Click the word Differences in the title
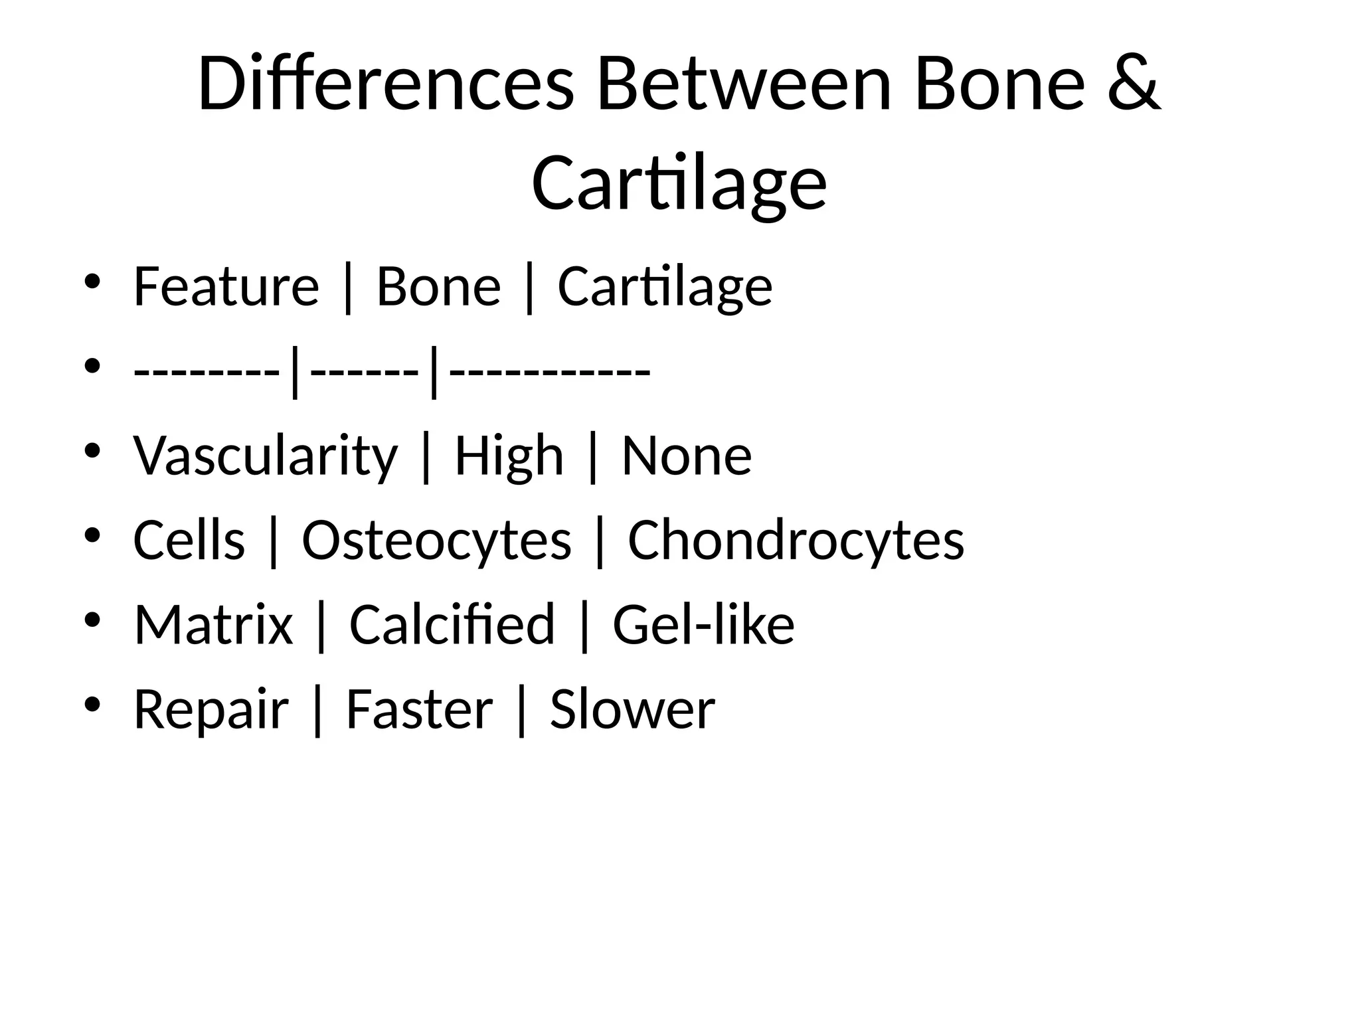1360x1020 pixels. [x=385, y=85]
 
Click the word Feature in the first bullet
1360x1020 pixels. [x=226, y=287]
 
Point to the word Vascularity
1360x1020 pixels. [x=266, y=457]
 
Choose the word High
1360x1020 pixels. [x=509, y=457]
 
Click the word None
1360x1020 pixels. [x=687, y=457]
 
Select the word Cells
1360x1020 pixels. [x=189, y=540]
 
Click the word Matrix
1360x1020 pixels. [x=213, y=625]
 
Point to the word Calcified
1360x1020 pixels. [x=452, y=625]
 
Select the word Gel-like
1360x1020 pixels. [x=703, y=625]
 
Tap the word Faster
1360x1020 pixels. [x=419, y=709]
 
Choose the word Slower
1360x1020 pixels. [x=632, y=709]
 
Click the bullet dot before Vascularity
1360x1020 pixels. [x=92, y=450]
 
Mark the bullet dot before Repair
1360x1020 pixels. [x=92, y=703]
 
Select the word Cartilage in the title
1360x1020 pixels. [x=679, y=183]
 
